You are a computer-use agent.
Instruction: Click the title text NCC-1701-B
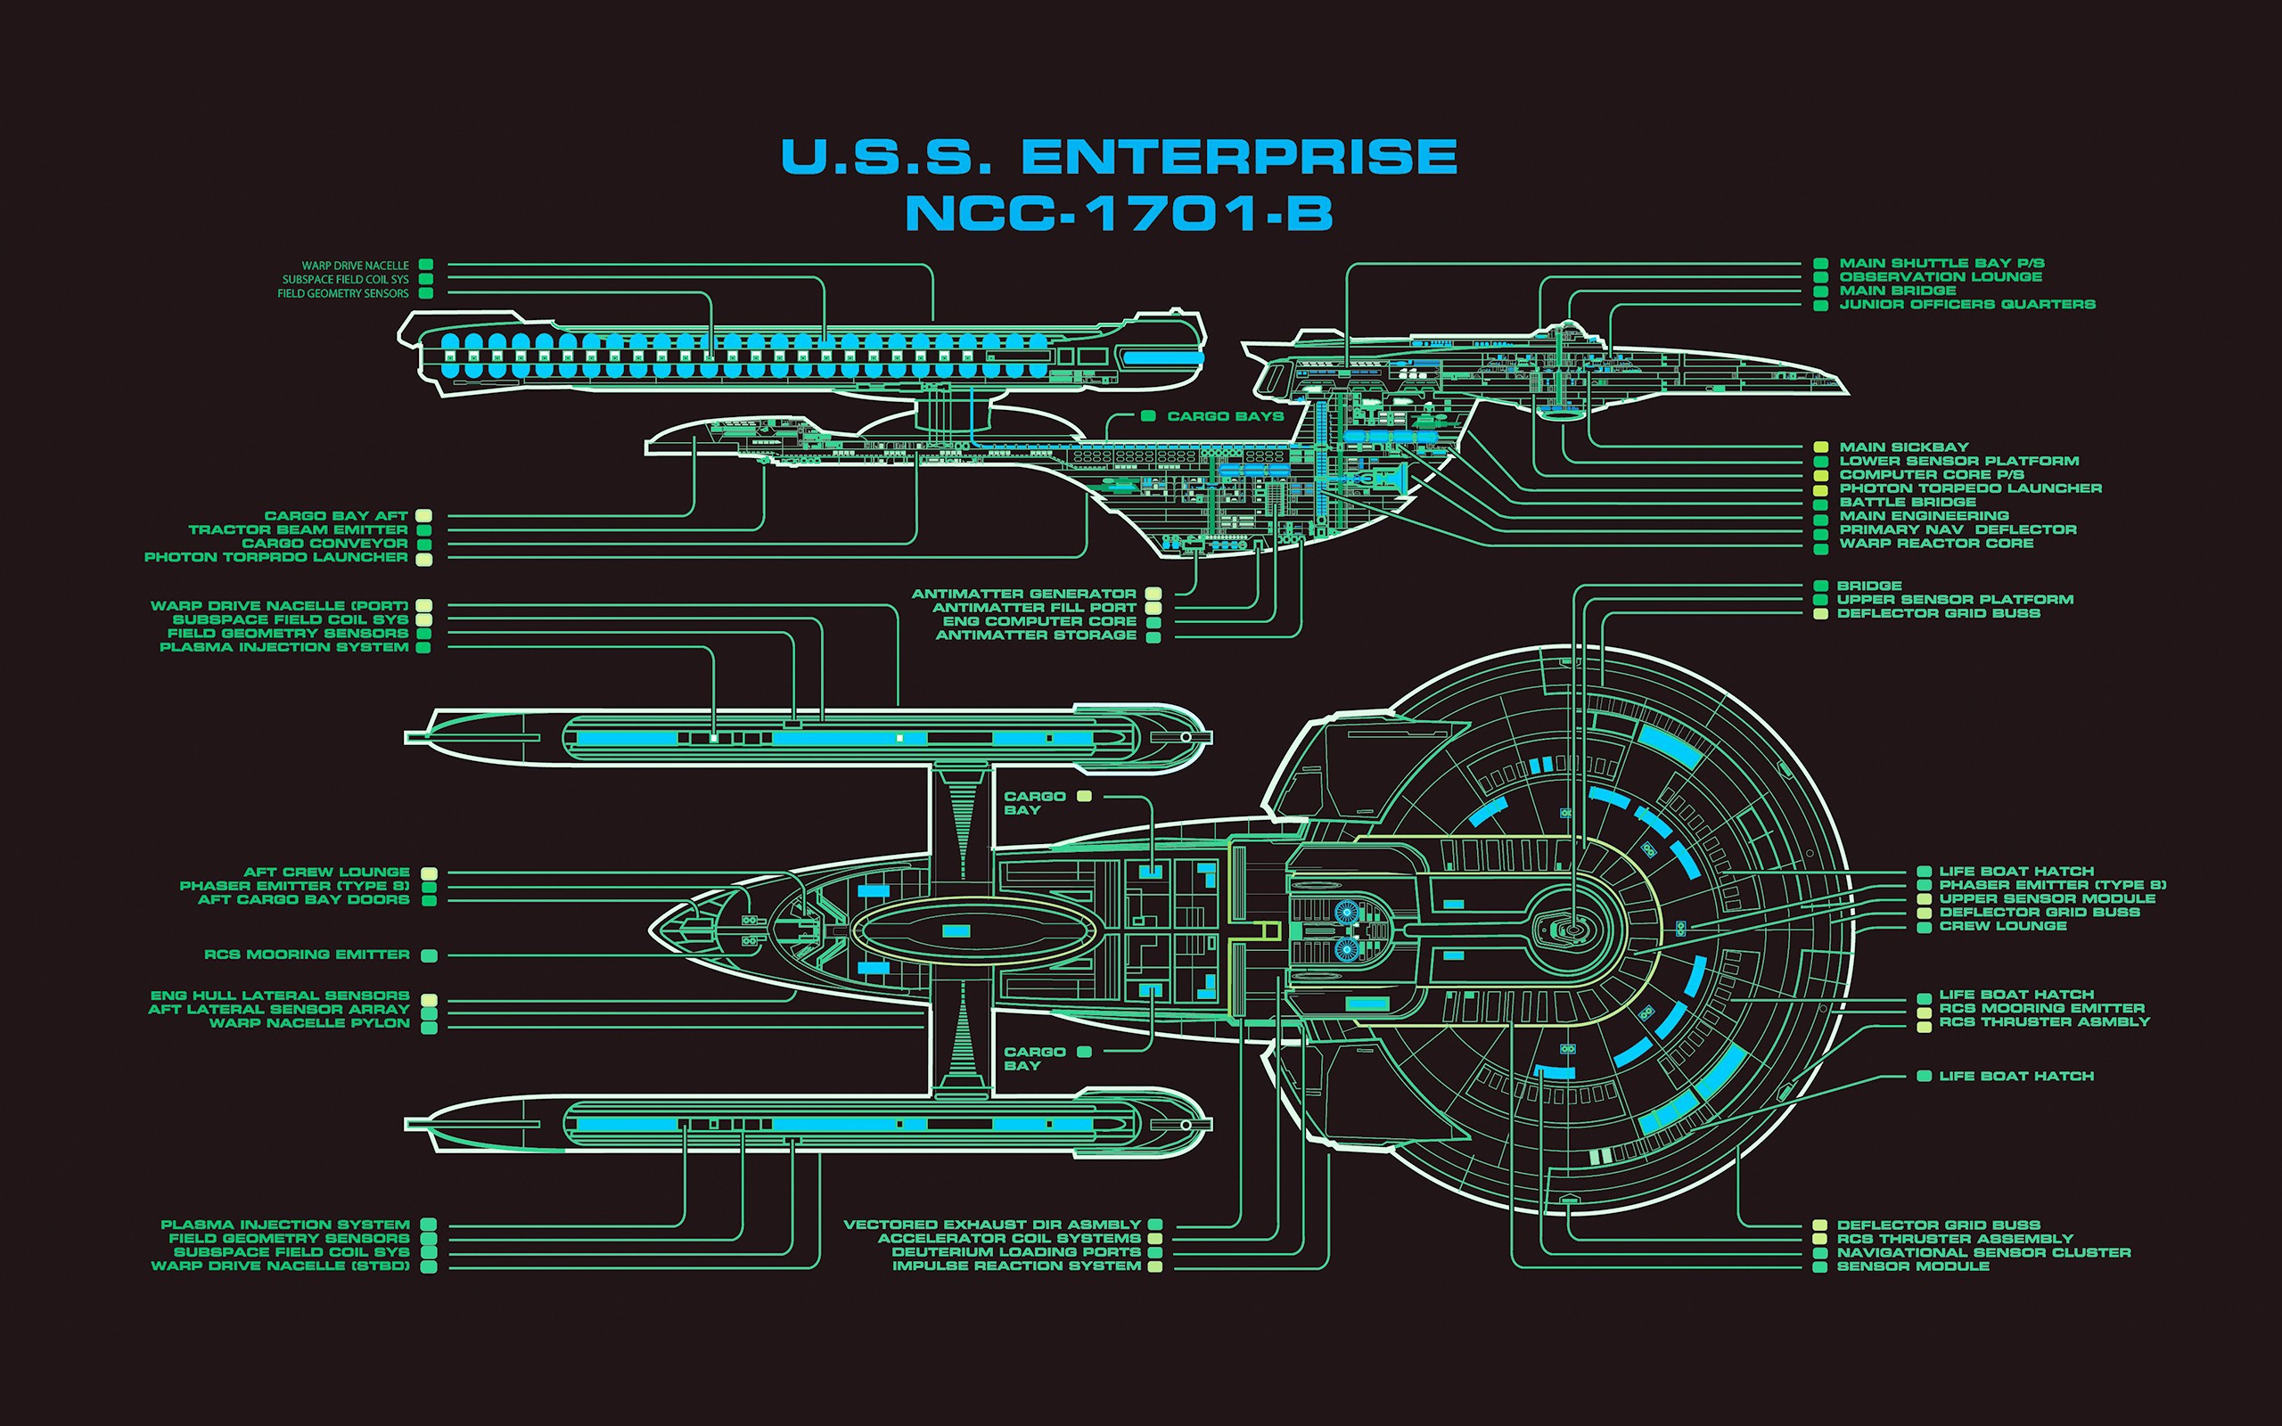point(1119,213)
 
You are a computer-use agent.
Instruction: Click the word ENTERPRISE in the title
point(1239,157)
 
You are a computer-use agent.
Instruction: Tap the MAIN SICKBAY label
point(1904,447)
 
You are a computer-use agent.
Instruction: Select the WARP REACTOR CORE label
point(1936,544)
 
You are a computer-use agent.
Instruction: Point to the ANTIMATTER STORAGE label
point(1036,635)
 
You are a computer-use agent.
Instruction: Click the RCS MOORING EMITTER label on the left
point(307,955)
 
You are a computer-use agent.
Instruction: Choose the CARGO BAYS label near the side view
point(1225,416)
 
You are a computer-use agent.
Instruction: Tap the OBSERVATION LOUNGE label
point(1941,277)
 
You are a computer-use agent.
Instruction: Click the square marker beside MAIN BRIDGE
point(1821,291)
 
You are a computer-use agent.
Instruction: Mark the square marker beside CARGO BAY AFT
point(424,516)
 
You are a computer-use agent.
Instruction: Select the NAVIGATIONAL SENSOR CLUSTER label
point(1983,1252)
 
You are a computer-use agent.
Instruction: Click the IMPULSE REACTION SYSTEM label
point(1016,1266)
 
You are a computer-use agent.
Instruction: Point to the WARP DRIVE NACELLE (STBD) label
point(280,1266)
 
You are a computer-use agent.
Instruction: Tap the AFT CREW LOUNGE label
point(326,873)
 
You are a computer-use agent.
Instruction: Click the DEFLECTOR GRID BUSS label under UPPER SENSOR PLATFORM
point(1938,613)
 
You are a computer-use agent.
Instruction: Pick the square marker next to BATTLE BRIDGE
point(1821,503)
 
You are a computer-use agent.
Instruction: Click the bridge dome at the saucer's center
point(1572,929)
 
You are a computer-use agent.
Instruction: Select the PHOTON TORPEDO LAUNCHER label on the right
point(1970,488)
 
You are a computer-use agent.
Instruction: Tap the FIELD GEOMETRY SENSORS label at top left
point(342,293)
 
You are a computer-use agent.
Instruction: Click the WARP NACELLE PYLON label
point(309,1023)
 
